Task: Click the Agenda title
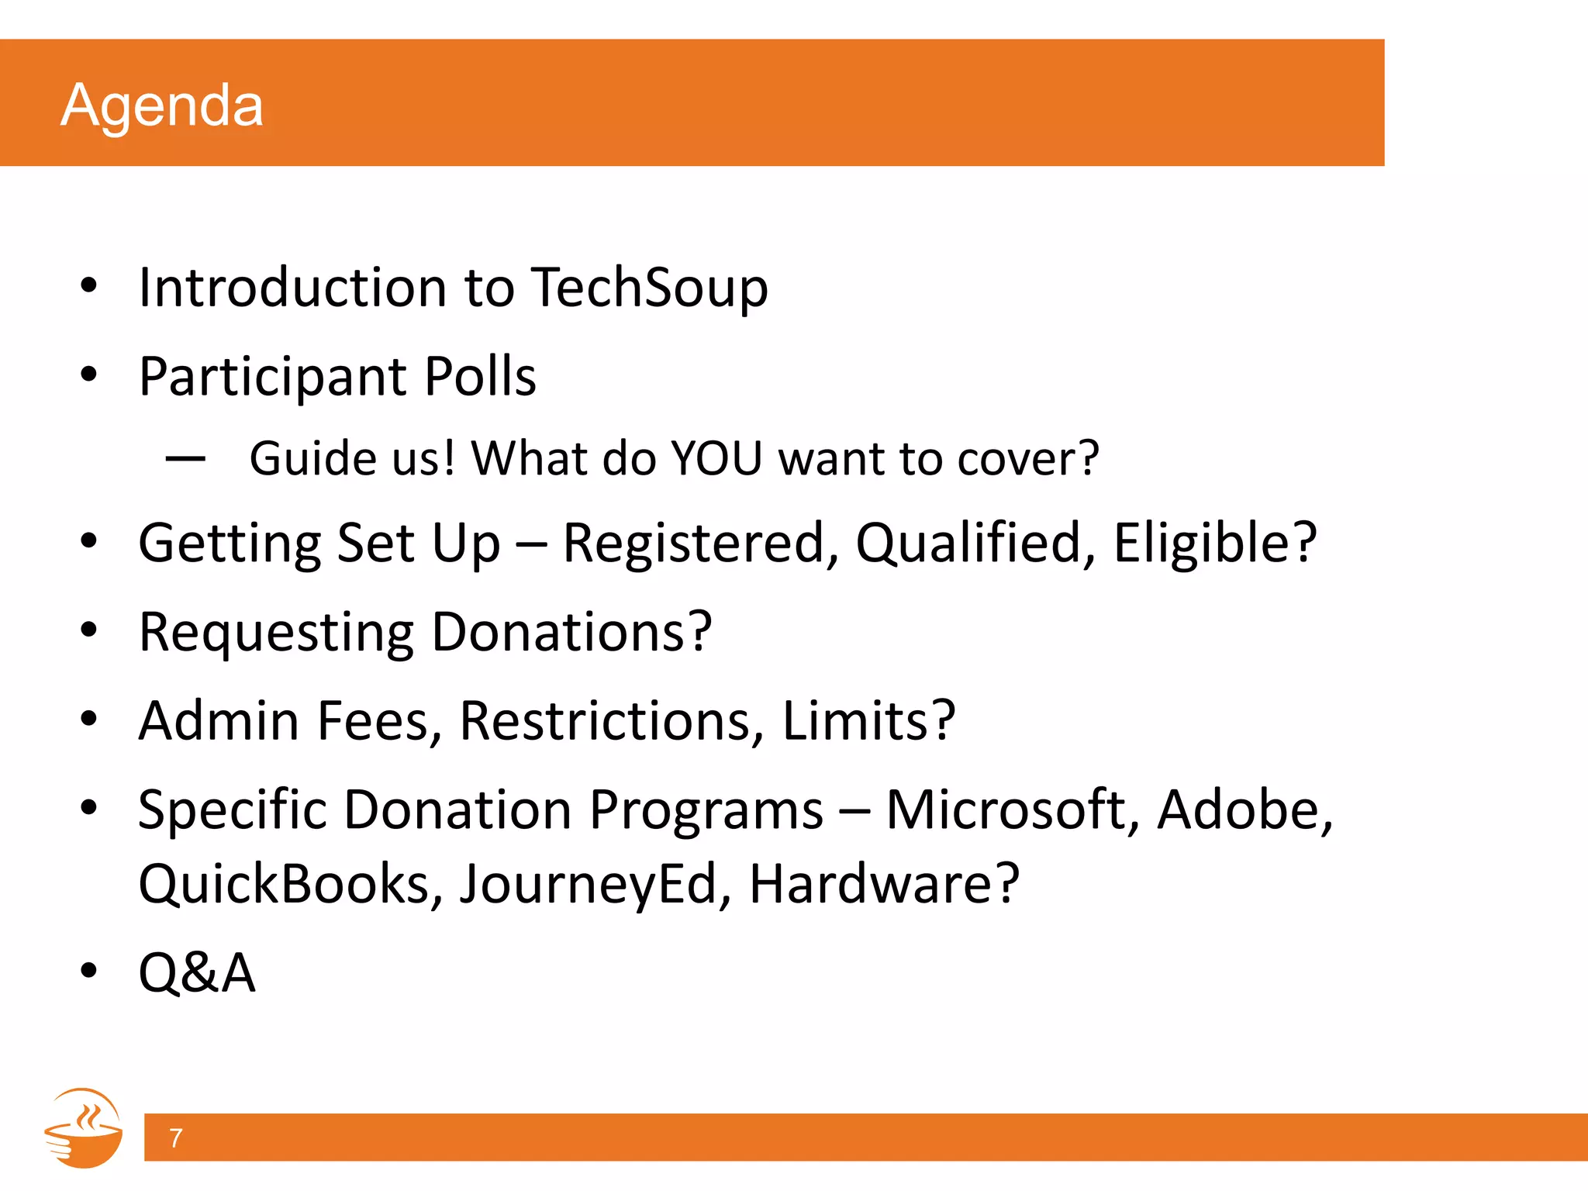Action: pos(162,105)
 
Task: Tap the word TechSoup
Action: pos(650,288)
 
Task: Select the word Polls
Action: pos(480,377)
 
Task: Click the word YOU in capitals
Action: pos(716,458)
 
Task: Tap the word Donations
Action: pos(571,631)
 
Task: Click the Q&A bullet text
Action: pos(197,972)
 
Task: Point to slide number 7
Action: pos(176,1137)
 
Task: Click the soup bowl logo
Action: pos(84,1128)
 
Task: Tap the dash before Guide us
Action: pos(185,459)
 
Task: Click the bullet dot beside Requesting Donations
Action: pos(89,630)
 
